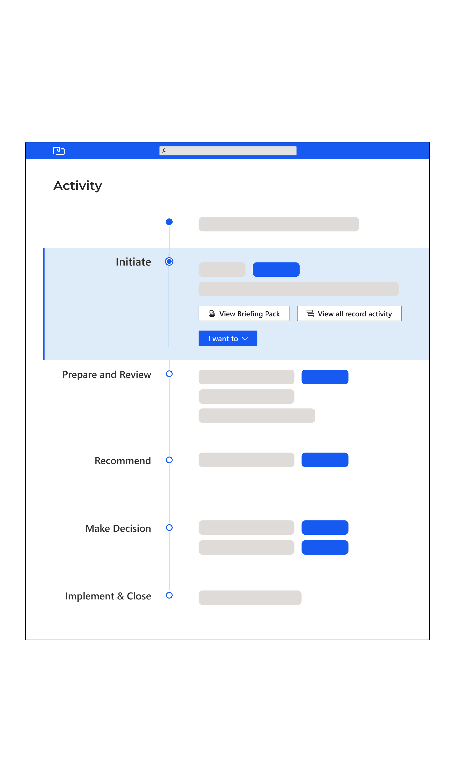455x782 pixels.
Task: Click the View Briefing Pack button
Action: click(x=244, y=313)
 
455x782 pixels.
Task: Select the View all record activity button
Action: click(x=349, y=313)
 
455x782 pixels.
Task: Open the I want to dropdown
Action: click(x=228, y=338)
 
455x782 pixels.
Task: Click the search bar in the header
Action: click(x=228, y=151)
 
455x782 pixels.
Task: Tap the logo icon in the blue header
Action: click(x=59, y=151)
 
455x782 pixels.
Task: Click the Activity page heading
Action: click(x=78, y=186)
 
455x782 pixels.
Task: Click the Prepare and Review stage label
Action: click(x=107, y=375)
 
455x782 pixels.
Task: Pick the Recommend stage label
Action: click(x=123, y=460)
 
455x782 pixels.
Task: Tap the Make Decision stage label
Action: click(x=118, y=528)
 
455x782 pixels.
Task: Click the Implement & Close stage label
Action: click(x=108, y=596)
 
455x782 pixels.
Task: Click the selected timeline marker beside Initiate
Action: click(x=169, y=261)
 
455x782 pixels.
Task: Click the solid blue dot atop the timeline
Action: click(x=169, y=222)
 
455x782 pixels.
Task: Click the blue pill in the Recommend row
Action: click(x=325, y=459)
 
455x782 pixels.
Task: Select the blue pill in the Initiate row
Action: click(x=276, y=269)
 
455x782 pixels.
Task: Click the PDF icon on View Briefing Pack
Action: click(x=212, y=313)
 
